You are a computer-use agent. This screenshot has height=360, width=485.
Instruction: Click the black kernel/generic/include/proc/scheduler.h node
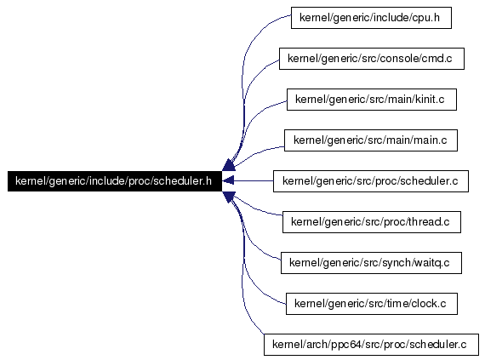click(x=115, y=181)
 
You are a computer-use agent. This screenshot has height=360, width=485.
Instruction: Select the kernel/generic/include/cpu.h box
click(x=371, y=18)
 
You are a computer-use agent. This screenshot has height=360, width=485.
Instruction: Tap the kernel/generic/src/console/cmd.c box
click(x=372, y=59)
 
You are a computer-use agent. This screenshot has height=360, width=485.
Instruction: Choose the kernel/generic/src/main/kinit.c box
click(x=372, y=100)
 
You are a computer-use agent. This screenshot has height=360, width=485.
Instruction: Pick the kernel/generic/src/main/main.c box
click(x=370, y=140)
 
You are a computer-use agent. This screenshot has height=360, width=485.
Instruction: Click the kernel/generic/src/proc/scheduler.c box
click(x=370, y=181)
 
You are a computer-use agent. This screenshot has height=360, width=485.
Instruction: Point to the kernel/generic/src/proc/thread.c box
click(x=372, y=222)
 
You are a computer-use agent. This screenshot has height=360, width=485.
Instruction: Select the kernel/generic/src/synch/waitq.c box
click(x=371, y=263)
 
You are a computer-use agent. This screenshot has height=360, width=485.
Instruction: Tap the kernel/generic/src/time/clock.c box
click(x=372, y=304)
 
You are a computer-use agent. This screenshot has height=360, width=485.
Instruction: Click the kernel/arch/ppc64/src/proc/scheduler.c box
click(x=371, y=345)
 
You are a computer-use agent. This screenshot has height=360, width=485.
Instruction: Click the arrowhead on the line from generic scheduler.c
click(x=228, y=181)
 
